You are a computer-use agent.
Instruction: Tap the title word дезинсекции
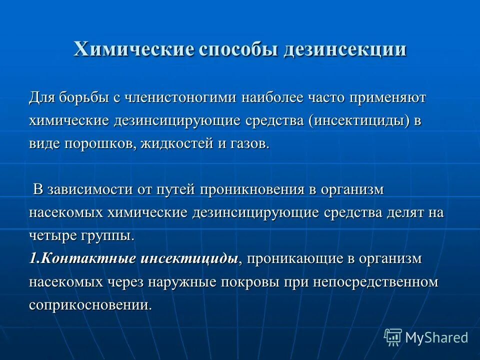pos(345,50)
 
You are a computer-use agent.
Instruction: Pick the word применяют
pos(383,97)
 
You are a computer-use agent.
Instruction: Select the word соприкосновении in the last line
pos(90,305)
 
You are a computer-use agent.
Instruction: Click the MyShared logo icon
pos(393,337)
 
